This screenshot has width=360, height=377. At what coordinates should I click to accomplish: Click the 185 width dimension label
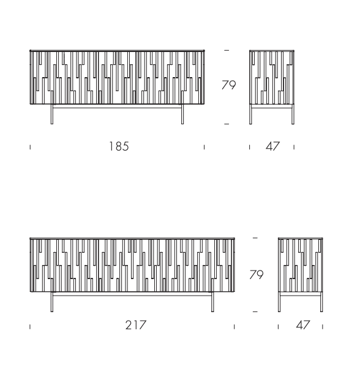coord(119,146)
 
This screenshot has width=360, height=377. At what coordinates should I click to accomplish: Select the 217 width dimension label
coord(136,325)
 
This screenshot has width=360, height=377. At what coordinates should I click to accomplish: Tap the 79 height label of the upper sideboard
coord(229,85)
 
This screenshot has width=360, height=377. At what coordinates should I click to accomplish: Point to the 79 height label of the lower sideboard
coord(257,275)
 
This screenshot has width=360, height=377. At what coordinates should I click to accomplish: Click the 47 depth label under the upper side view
coord(273,146)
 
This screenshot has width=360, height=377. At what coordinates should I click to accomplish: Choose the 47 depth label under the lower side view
coord(303,325)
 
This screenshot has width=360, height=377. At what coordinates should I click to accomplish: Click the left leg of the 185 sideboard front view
coord(52,114)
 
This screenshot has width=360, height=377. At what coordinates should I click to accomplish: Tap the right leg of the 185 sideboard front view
coord(182,114)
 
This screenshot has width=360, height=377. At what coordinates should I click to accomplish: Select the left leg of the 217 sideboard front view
coord(52,302)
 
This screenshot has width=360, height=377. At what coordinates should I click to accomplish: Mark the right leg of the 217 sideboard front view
coord(212,302)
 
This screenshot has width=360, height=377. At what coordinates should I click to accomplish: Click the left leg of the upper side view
coord(250,114)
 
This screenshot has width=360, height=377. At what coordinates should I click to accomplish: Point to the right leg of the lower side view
coord(321,302)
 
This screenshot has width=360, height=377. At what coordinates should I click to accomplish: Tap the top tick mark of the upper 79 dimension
coord(227,50)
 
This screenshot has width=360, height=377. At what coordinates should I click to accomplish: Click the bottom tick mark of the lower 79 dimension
coord(255,312)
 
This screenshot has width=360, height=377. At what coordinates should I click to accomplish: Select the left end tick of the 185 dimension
coord(30,147)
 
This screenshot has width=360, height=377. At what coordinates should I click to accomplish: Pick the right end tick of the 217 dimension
coord(234,327)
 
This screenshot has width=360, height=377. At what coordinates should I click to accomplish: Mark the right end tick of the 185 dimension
coord(204,147)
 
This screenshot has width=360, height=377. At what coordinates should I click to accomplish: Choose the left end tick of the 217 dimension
coord(30,327)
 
